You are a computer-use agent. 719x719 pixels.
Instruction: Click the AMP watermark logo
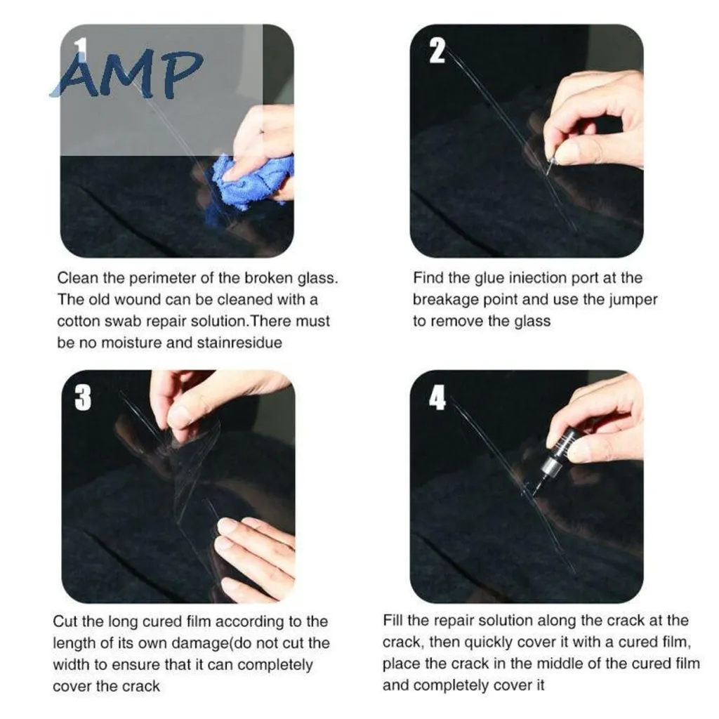coord(127,74)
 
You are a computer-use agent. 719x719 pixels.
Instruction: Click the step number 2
coord(437,51)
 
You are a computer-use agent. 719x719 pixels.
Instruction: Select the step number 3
coord(83,397)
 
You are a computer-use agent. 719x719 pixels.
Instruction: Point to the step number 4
coord(437,397)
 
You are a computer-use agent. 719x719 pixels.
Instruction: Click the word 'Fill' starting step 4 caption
coord(392,621)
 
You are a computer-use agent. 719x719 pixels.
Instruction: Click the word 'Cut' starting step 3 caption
coord(65,621)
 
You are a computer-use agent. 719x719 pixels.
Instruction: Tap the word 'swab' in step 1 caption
coord(124,321)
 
